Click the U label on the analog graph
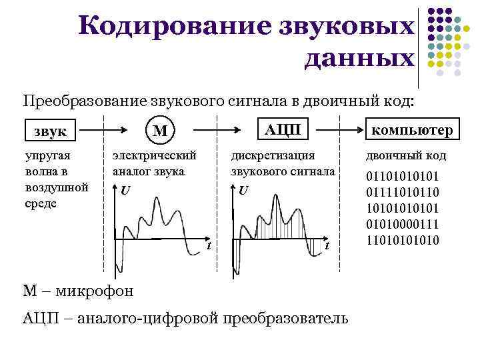(x=125, y=191)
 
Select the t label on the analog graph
(x=209, y=246)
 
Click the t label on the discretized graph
(x=327, y=246)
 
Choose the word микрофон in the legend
(x=97, y=291)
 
